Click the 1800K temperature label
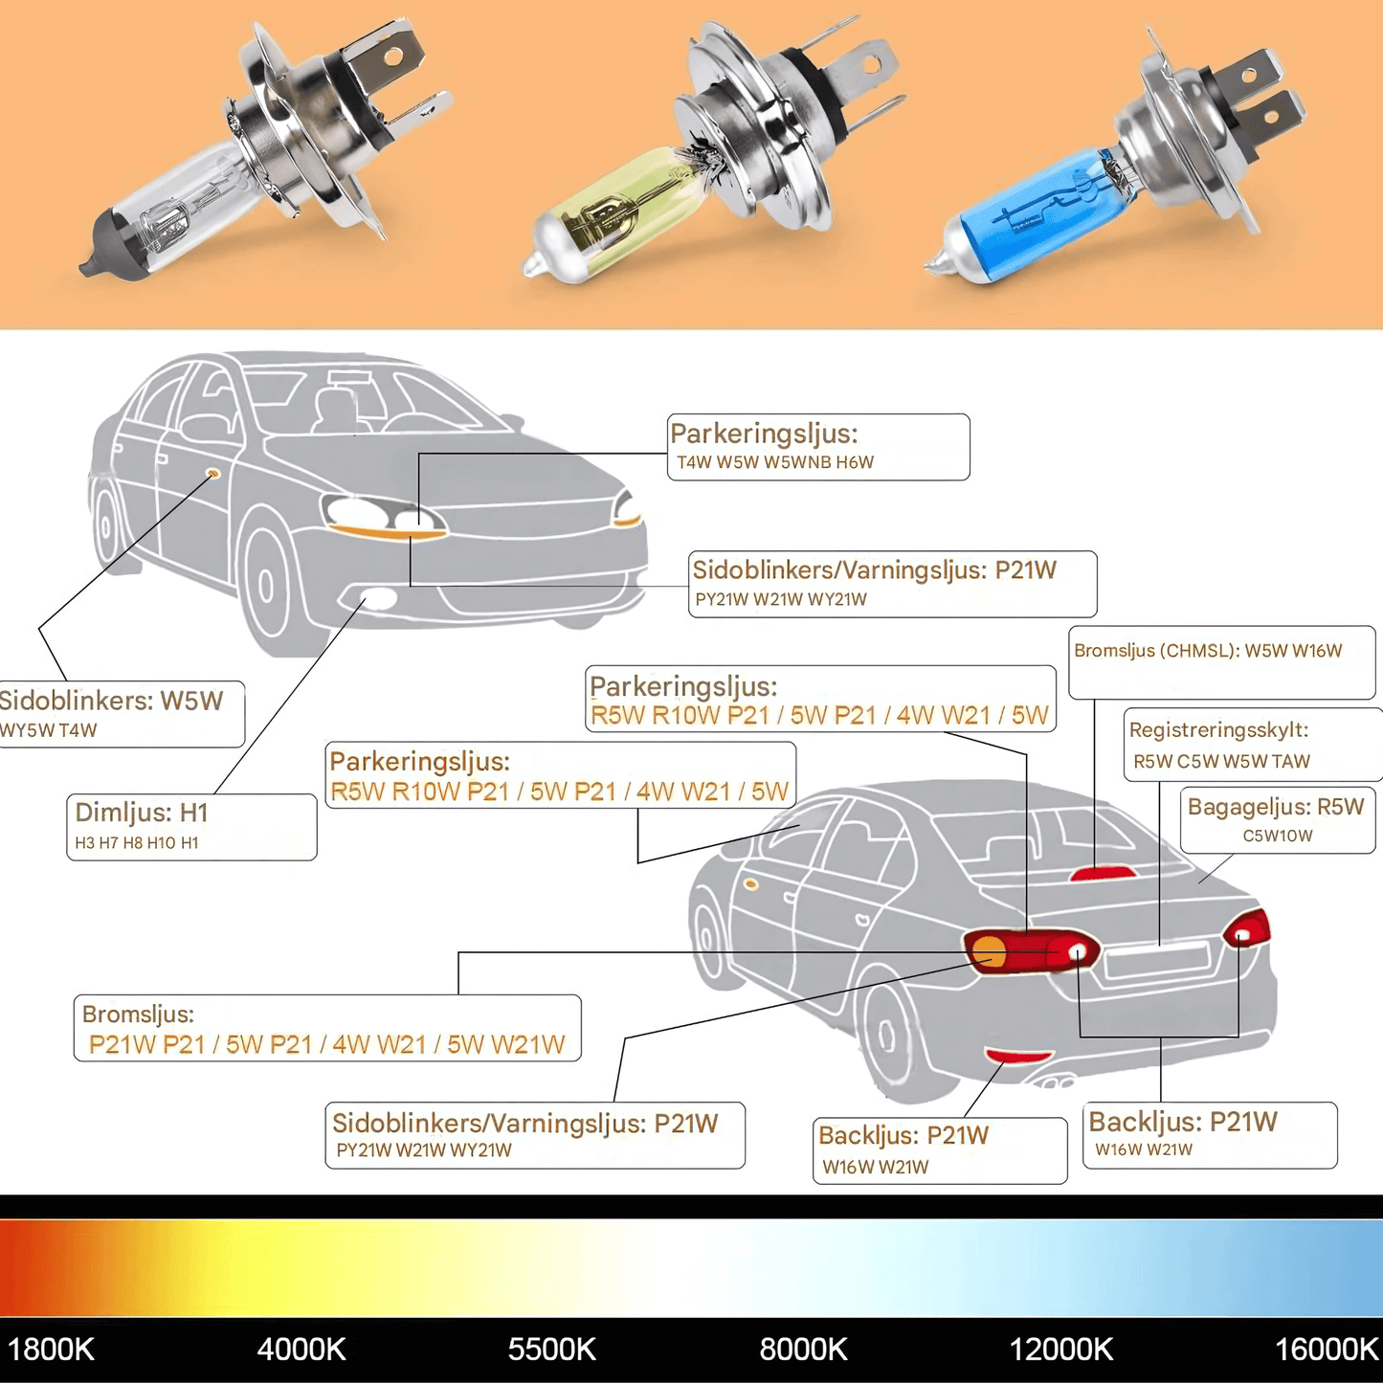point(51,1350)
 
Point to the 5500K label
point(551,1350)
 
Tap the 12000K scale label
point(1061,1350)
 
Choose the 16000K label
point(1327,1350)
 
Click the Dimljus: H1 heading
point(142,813)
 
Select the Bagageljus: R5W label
point(1275,807)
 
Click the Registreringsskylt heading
point(1218,730)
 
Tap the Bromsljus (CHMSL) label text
point(1208,651)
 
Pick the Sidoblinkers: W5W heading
point(110,701)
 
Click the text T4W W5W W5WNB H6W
point(775,463)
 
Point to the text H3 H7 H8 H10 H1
point(137,843)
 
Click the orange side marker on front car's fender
point(212,474)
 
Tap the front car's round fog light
point(379,600)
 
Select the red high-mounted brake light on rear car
point(1104,873)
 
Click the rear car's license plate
point(1156,960)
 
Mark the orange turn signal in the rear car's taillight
point(989,952)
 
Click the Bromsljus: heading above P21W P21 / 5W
point(138,1014)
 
